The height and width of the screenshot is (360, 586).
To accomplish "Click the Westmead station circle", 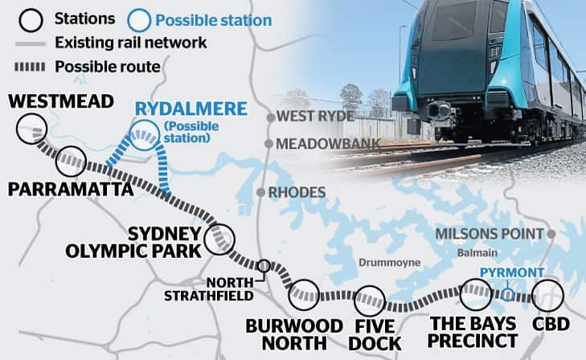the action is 31,129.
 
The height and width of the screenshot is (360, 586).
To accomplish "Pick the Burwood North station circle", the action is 304,295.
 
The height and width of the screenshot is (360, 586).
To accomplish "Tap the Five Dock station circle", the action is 371,301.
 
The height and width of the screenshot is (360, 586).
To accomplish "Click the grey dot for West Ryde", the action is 270,117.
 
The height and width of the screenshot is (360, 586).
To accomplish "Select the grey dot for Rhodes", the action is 260,192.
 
